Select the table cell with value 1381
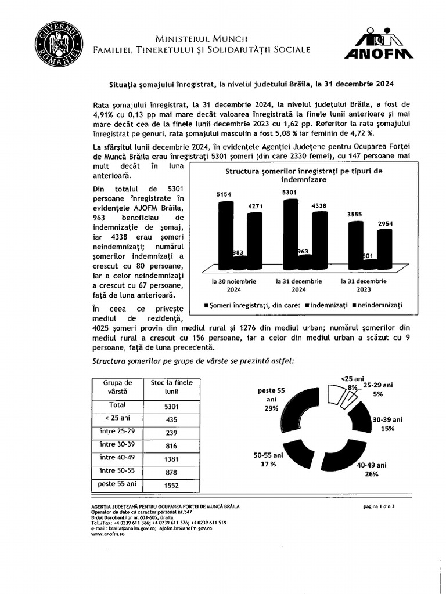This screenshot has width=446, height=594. [168, 458]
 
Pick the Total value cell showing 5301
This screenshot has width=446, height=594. [168, 407]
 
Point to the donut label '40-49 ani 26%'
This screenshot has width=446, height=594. [372, 469]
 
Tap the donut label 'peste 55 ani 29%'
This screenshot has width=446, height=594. [271, 399]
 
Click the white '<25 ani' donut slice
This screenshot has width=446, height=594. [337, 396]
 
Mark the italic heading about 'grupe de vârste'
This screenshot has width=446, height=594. [193, 360]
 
